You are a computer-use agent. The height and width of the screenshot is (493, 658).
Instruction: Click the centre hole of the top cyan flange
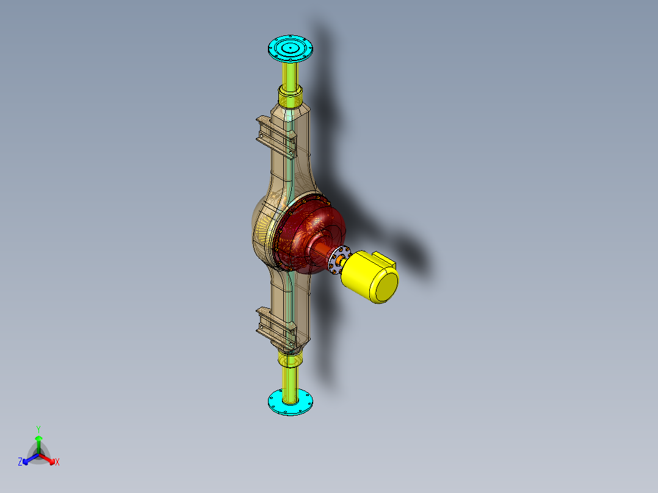(291, 46)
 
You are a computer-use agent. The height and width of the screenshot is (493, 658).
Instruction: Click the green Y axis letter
(38, 428)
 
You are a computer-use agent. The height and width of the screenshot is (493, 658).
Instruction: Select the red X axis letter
(57, 462)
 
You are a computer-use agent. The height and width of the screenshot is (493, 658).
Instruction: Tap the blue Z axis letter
(20, 462)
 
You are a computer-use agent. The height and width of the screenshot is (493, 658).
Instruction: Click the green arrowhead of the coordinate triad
(38, 439)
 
